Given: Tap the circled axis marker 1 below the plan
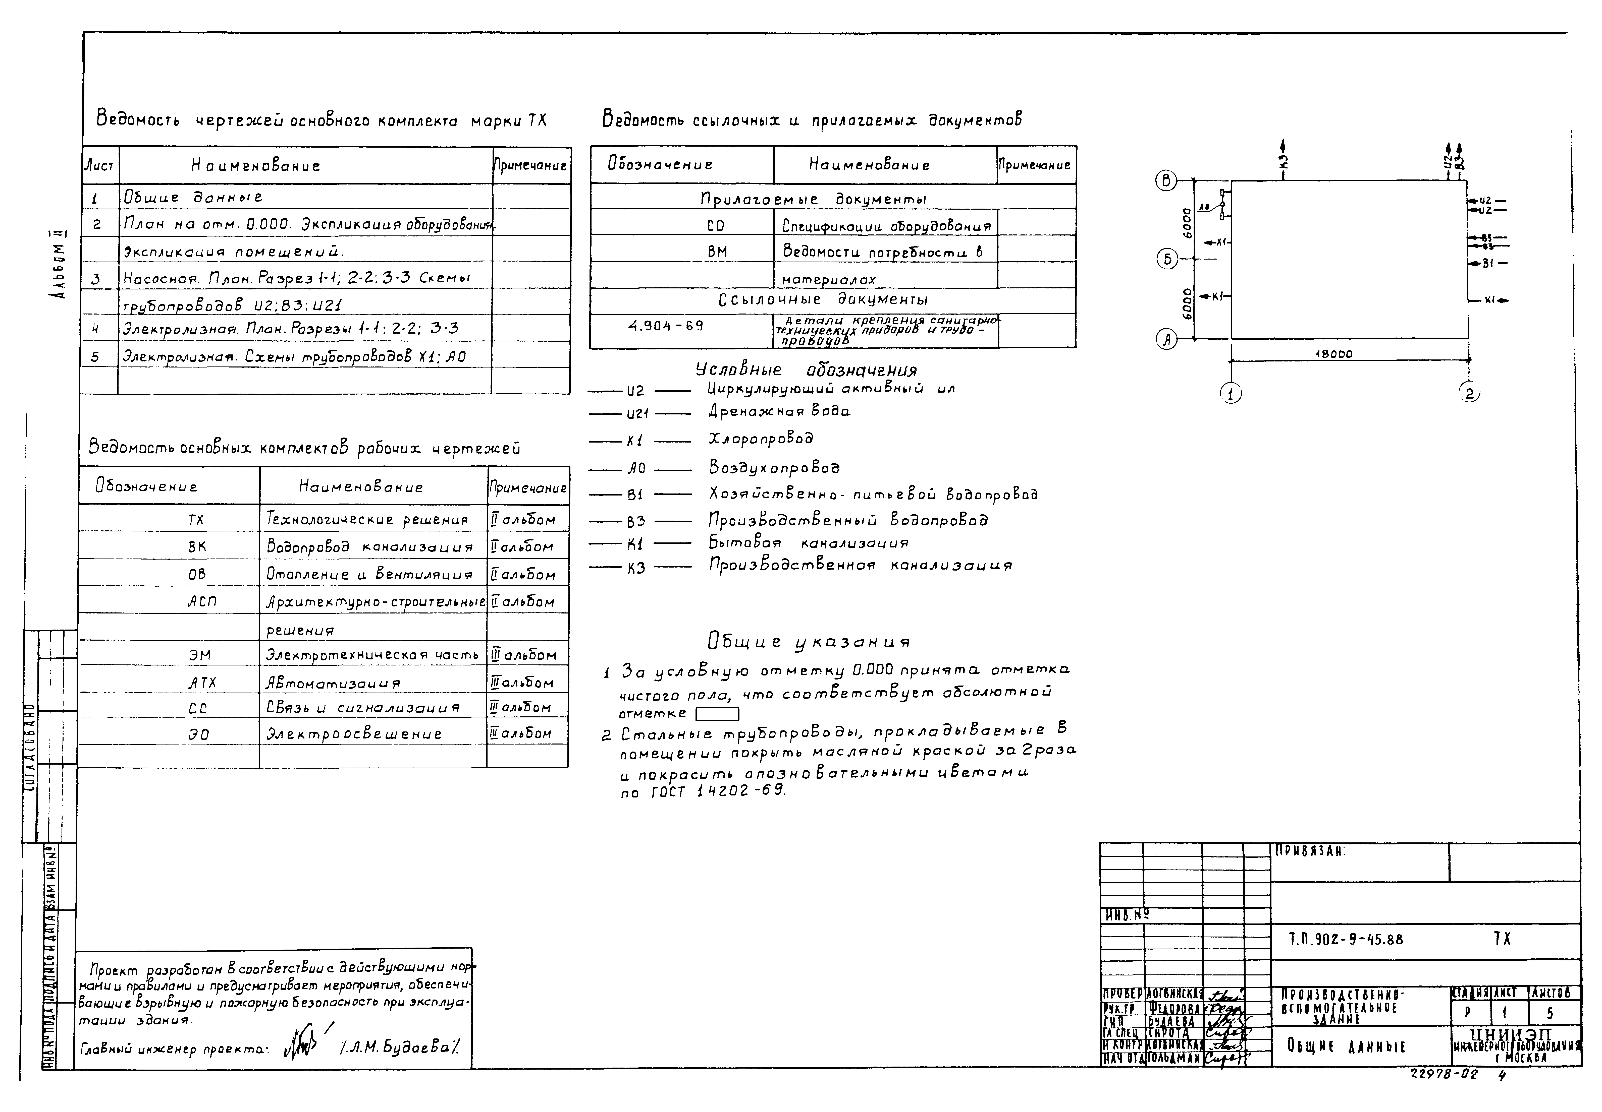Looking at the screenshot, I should click(x=1231, y=394).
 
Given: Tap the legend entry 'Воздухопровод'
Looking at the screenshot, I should click(x=774, y=467).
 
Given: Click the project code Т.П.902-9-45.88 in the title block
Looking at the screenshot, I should click(x=1346, y=939).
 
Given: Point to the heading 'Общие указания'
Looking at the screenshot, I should click(x=809, y=641).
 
